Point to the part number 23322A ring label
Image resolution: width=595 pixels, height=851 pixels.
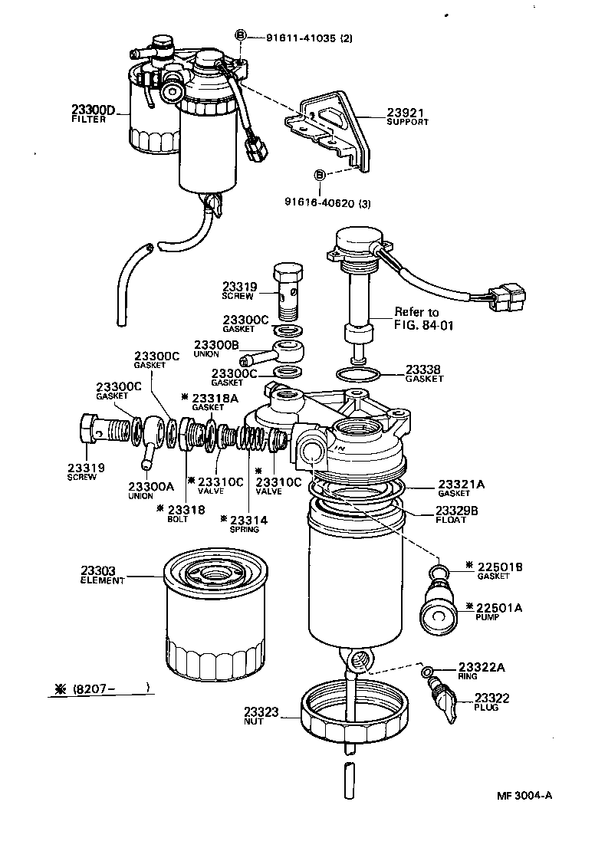point(482,667)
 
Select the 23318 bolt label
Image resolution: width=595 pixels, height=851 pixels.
point(182,509)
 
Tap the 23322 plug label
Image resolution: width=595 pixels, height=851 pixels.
point(491,698)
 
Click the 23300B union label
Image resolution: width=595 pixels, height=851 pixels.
point(215,345)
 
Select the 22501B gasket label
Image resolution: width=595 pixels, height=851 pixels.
point(498,567)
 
